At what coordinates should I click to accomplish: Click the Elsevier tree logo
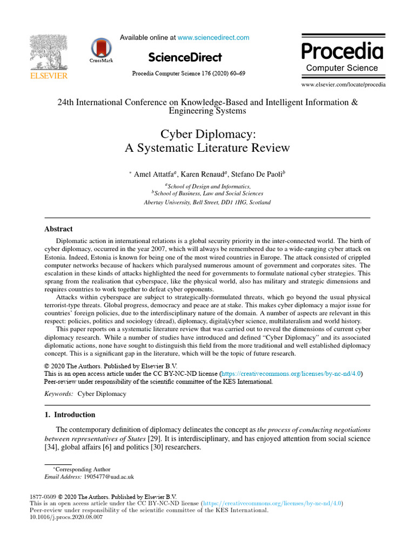coord(49,52)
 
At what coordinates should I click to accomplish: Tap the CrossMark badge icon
coord(101,50)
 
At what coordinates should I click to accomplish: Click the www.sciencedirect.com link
coord(213,38)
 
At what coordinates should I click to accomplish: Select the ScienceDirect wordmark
coord(185,57)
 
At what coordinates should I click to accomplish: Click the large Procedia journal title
coord(342,52)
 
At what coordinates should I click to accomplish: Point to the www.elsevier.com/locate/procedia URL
coord(343,84)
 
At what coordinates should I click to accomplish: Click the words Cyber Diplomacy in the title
coord(207,133)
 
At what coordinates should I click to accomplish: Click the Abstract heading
coord(58,229)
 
